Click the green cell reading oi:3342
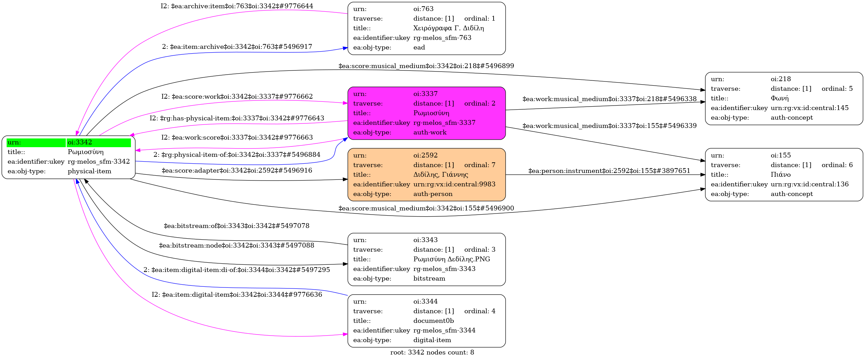pyautogui.click(x=98, y=142)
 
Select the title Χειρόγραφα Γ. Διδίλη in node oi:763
pyautogui.click(x=448, y=28)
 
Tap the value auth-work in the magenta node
pyautogui.click(x=430, y=132)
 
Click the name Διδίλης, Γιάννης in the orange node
pyautogui.click(x=441, y=175)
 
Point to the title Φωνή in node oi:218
pyautogui.click(x=780, y=98)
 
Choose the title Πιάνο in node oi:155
pyautogui.click(x=781, y=175)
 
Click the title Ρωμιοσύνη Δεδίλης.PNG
pyautogui.click(x=452, y=259)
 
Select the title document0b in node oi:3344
pyautogui.click(x=433, y=321)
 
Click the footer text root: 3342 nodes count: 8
pyautogui.click(x=432, y=352)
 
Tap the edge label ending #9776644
pyautogui.click(x=237, y=6)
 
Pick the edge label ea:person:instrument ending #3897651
pyautogui.click(x=609, y=171)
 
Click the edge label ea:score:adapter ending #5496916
pyautogui.click(x=237, y=171)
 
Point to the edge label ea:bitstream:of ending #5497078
pyautogui.click(x=237, y=226)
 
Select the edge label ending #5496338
pyautogui.click(x=609, y=99)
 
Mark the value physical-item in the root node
pyautogui.click(x=89, y=171)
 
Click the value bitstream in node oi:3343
pyautogui.click(x=429, y=279)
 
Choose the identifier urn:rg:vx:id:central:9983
pyautogui.click(x=454, y=184)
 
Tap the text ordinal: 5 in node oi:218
pyautogui.click(x=837, y=89)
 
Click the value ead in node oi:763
pyautogui.click(x=419, y=47)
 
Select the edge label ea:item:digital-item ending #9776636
pyautogui.click(x=237, y=295)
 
